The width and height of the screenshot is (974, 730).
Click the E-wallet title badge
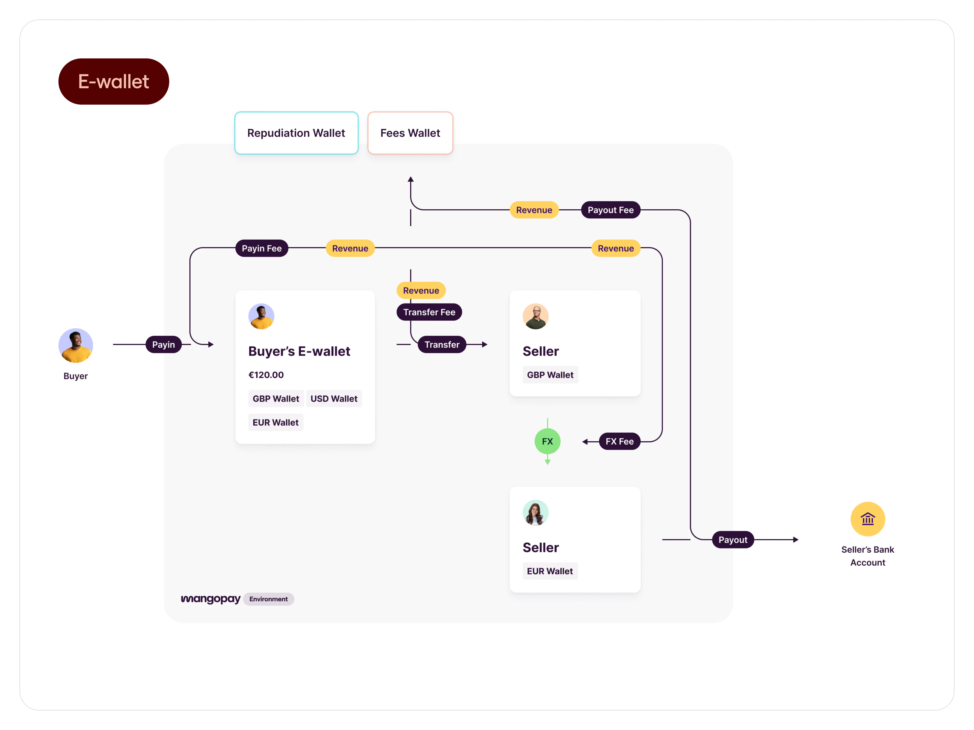[x=114, y=82]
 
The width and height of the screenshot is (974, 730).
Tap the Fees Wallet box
[x=410, y=133]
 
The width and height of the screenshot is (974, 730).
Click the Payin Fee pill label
[x=261, y=248]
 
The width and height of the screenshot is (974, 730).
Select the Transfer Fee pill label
[x=429, y=312]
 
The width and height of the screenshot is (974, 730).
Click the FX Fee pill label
[x=619, y=441]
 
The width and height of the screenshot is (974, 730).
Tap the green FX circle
[x=547, y=441]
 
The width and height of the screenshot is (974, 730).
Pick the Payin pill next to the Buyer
[x=163, y=345]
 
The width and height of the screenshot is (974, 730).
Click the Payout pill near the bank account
[x=733, y=540]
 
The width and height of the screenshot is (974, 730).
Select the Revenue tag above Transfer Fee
[x=421, y=290]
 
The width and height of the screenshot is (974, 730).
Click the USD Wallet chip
[x=334, y=399]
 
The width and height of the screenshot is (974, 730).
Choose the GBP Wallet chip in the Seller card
[x=550, y=375]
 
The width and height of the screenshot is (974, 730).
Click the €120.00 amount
[x=266, y=375]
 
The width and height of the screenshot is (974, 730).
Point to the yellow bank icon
[x=867, y=519]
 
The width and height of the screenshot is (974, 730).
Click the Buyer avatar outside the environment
[x=76, y=346]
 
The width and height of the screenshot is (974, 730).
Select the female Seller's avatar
[x=535, y=513]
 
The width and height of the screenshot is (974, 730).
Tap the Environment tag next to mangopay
[x=268, y=599]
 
